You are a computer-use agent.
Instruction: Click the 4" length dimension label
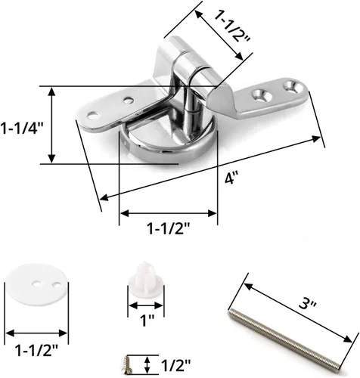(x=231, y=178)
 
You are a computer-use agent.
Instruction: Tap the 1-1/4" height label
(x=22, y=128)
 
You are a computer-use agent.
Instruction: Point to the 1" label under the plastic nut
(x=144, y=321)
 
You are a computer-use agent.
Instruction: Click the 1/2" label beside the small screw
(x=175, y=364)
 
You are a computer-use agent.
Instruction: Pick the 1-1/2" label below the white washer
(x=37, y=350)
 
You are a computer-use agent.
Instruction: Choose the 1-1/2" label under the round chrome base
(x=169, y=228)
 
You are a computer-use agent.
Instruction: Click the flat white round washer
(x=37, y=284)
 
